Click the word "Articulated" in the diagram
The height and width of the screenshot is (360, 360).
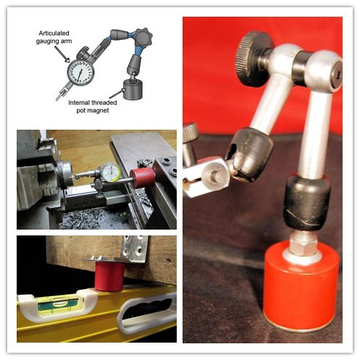click(x=54, y=33)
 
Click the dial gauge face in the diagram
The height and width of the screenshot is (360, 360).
click(x=80, y=72)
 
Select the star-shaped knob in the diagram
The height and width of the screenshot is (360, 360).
click(x=143, y=38)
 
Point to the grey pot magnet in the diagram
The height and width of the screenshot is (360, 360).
click(x=133, y=89)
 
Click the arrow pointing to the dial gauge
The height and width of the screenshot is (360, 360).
click(x=62, y=54)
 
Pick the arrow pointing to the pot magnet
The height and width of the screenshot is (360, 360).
click(x=117, y=93)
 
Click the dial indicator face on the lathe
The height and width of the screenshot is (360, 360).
click(x=111, y=172)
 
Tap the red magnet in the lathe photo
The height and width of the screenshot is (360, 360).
click(x=143, y=177)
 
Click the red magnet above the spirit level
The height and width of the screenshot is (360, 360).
click(x=109, y=276)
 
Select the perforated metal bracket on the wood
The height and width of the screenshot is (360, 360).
click(x=134, y=249)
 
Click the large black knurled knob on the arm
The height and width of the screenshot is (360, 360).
click(x=254, y=59)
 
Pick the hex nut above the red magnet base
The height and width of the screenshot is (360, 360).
click(x=303, y=243)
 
